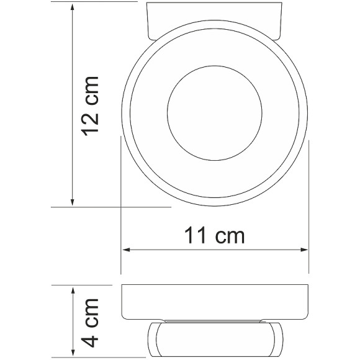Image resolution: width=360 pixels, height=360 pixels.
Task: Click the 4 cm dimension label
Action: (x=91, y=322)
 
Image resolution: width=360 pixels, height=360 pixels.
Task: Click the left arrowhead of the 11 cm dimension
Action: (x=124, y=250)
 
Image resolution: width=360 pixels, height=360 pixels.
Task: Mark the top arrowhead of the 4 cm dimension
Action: (x=73, y=290)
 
